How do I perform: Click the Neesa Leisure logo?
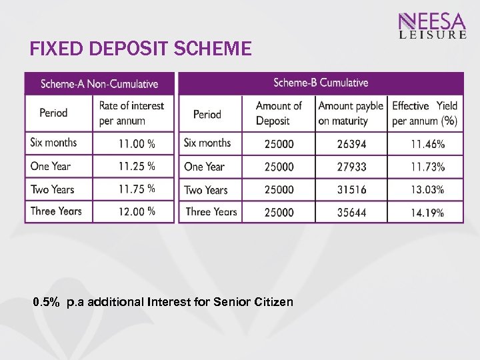(432, 26)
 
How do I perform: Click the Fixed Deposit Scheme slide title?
(141, 49)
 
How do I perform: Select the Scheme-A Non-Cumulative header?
(99, 84)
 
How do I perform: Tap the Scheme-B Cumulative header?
(321, 83)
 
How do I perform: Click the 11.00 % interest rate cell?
(137, 143)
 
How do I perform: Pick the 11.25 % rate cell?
(137, 166)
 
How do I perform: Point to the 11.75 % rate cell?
(137, 189)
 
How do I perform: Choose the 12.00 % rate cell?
(137, 211)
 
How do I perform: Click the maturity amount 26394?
(351, 144)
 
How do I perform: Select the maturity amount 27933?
(351, 167)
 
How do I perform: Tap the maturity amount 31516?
(351, 189)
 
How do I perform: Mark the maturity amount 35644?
(351, 213)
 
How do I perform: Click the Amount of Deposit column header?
(279, 113)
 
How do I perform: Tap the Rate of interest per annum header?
(131, 113)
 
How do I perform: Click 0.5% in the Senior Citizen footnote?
(46, 302)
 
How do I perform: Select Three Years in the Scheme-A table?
(56, 211)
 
